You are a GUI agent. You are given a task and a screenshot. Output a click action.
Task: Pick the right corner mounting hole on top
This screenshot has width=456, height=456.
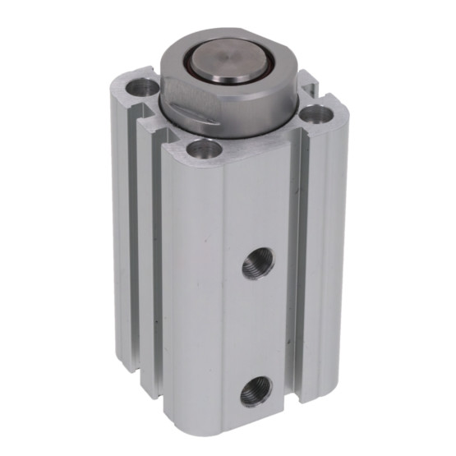(x=315, y=116)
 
